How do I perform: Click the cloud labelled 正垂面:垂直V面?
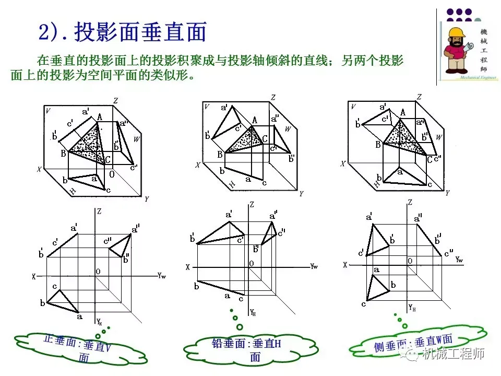83,347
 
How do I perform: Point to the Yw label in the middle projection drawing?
314,266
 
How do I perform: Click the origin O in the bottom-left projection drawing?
98,272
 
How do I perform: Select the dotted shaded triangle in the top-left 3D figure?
86,144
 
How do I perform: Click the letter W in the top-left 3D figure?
137,139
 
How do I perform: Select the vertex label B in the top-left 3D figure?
63,153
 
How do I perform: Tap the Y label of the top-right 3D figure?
447,192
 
